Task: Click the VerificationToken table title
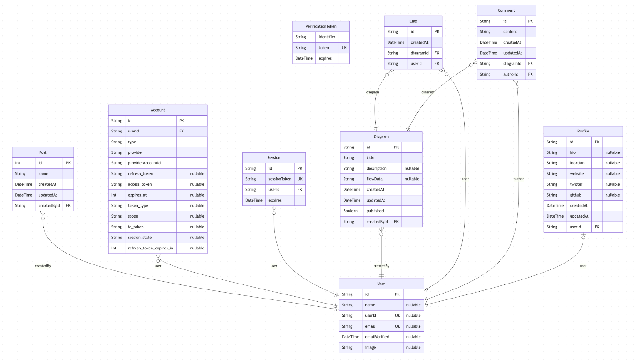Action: point(321,26)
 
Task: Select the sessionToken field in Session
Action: point(280,179)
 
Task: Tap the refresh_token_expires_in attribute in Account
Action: point(151,248)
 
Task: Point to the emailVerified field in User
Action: point(377,337)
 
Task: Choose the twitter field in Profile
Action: point(576,184)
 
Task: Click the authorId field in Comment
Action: point(511,74)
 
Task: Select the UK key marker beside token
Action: point(344,48)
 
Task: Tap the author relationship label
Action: point(518,179)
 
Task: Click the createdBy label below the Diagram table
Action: point(381,266)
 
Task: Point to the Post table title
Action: point(43,152)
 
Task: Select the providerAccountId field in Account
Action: point(145,163)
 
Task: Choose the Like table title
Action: point(413,21)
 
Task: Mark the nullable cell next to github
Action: point(612,195)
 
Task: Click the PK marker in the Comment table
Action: point(530,21)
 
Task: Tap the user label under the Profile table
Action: point(583,266)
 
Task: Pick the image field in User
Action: point(370,347)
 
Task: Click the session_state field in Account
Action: point(140,237)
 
